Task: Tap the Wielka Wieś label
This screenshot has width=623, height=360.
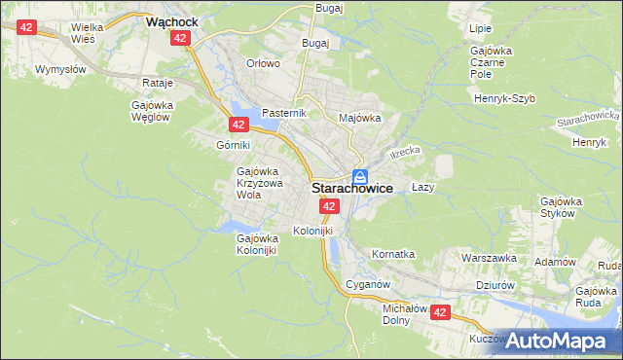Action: (91, 34)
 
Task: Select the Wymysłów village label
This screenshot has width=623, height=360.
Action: (60, 70)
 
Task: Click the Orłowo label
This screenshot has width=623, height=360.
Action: (263, 63)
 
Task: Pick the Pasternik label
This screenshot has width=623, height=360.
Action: (284, 113)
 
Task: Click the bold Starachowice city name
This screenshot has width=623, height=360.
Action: (352, 190)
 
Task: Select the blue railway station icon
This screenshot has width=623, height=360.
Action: (360, 176)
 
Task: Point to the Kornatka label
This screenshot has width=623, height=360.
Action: (393, 254)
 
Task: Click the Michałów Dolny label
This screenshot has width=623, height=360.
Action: (400, 312)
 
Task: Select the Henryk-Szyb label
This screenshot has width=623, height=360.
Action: (506, 98)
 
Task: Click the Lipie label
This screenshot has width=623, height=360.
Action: (480, 30)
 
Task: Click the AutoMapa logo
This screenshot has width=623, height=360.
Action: (560, 341)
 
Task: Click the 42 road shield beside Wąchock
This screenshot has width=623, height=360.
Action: (179, 37)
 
